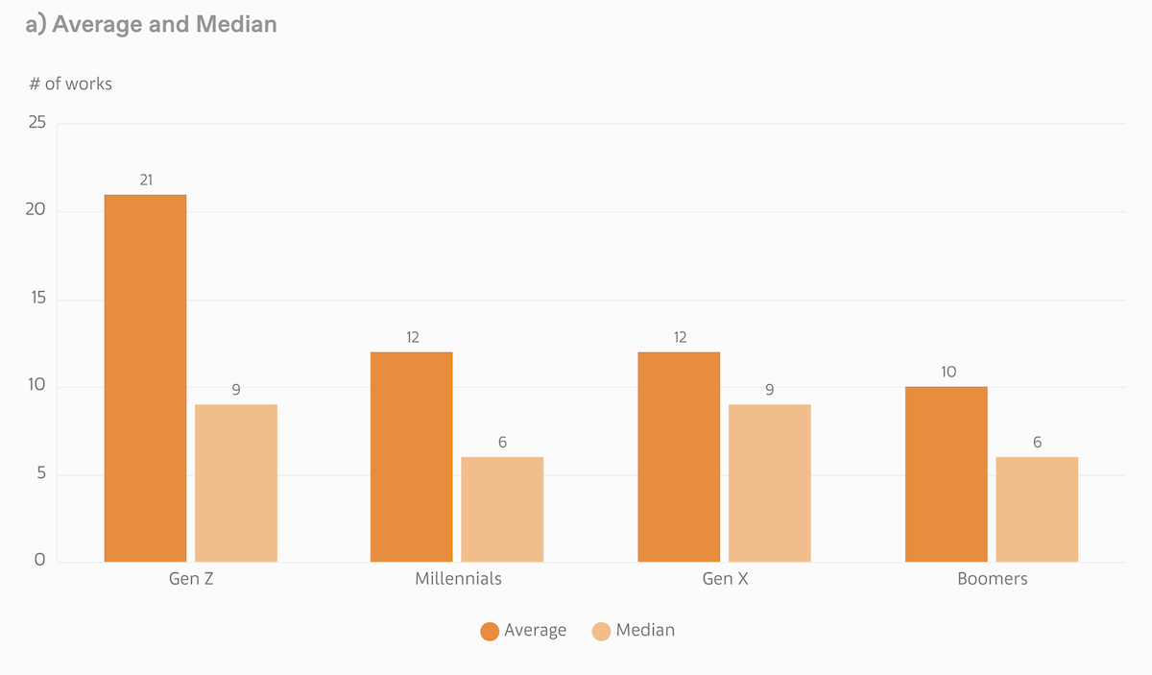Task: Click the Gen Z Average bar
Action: click(145, 378)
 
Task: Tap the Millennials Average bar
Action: click(411, 457)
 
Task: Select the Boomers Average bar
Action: click(946, 474)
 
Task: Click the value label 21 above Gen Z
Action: click(146, 180)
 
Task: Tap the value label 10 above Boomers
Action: click(948, 372)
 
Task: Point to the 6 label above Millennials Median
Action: click(502, 443)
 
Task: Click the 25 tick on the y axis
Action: click(36, 122)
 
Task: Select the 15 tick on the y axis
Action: click(36, 299)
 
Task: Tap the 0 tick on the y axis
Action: click(39, 560)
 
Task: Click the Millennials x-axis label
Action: click(458, 579)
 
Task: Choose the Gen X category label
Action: click(725, 579)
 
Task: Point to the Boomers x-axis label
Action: click(992, 579)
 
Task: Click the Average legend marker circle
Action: click(490, 631)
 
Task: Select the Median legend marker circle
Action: click(601, 631)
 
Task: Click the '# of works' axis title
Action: click(70, 84)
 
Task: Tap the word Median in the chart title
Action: click(235, 24)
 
